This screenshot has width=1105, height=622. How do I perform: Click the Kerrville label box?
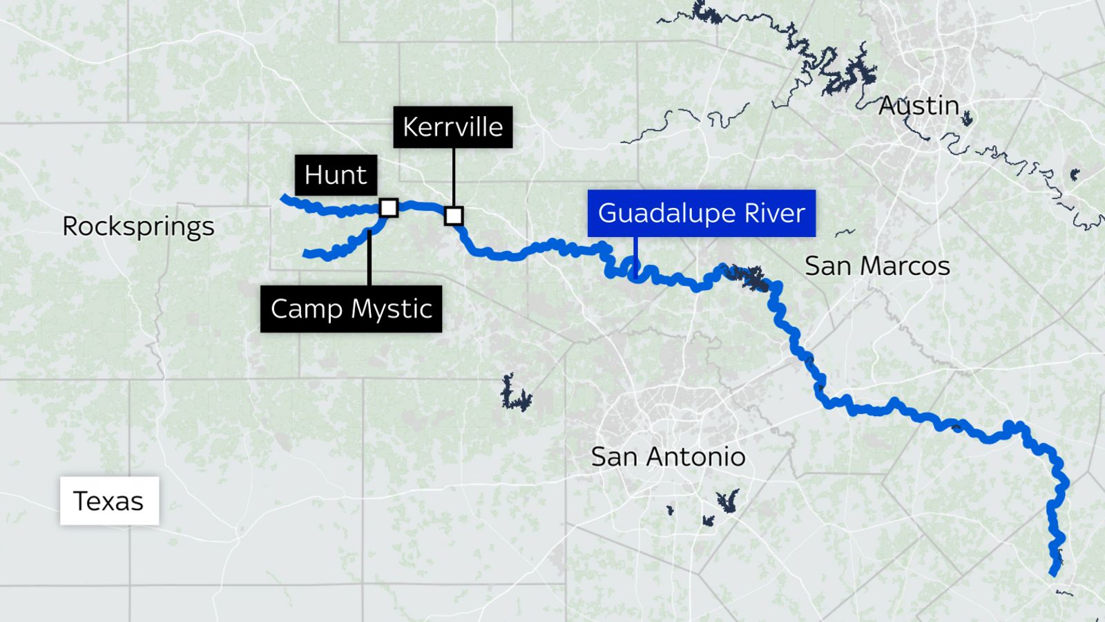(x=453, y=127)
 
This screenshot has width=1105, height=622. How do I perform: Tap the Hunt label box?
(x=336, y=175)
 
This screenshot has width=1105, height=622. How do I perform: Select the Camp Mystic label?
(x=351, y=309)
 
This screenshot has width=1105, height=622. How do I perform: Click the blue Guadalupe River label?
(x=701, y=213)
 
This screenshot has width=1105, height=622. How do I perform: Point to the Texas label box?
(x=109, y=501)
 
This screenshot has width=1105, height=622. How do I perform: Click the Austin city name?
(x=919, y=106)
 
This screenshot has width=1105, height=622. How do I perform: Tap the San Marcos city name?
(x=877, y=266)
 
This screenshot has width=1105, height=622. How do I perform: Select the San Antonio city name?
(x=668, y=457)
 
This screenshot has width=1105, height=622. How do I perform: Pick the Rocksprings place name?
(x=138, y=227)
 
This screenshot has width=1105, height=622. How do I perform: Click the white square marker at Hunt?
(x=389, y=207)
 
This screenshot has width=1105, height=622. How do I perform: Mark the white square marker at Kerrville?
(x=454, y=216)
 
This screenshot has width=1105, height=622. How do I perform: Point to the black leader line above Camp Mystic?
(x=369, y=259)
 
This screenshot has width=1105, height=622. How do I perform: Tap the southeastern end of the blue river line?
(x=1053, y=572)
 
